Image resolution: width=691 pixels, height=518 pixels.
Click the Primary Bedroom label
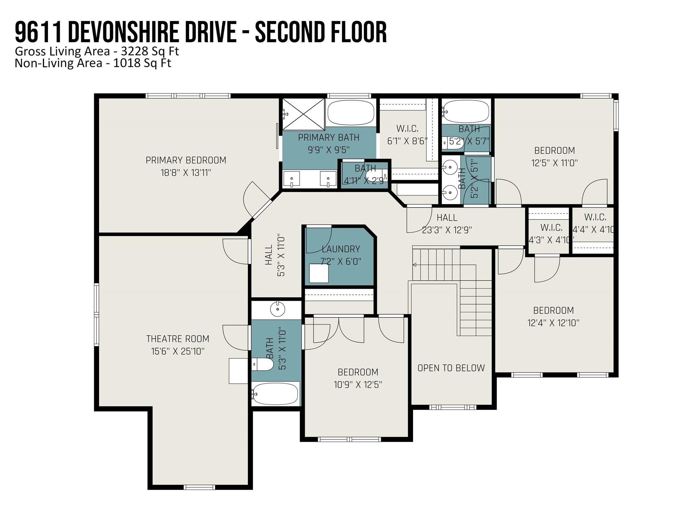186,160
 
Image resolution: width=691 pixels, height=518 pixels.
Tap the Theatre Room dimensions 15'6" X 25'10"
178,351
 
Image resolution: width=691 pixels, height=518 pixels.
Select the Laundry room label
341,249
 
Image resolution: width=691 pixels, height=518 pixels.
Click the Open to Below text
451,368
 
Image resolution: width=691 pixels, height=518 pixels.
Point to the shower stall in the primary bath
304,114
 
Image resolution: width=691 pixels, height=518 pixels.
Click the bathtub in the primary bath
351,113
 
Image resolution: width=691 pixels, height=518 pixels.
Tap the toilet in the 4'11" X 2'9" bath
377,176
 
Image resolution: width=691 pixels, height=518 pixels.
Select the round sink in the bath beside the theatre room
277,309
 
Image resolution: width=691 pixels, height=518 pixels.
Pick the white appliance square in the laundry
319,273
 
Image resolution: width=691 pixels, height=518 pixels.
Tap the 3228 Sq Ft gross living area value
150,51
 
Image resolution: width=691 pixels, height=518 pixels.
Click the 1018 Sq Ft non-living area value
142,63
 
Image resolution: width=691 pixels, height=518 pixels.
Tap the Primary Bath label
329,138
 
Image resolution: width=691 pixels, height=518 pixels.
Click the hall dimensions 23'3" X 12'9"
447,230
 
